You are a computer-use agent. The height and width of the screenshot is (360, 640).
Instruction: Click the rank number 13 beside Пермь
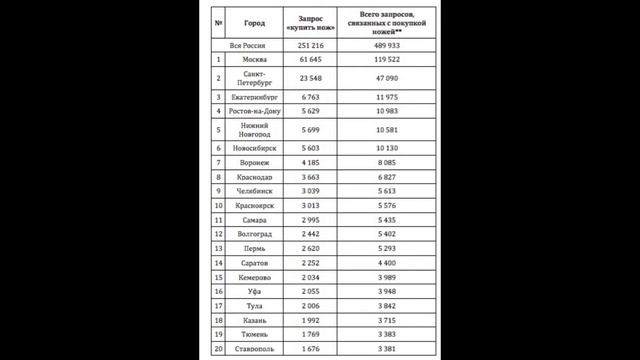tap(218, 247)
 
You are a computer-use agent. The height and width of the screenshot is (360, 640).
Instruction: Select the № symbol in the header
tap(218, 21)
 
